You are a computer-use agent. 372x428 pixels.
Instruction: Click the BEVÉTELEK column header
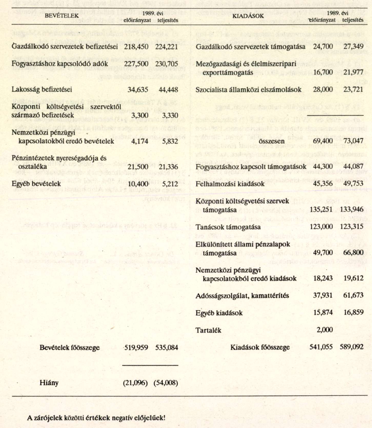click(x=62, y=16)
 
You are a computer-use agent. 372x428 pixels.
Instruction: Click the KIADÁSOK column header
click(x=248, y=16)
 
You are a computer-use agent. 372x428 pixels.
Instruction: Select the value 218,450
click(x=136, y=47)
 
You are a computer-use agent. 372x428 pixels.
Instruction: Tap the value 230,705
click(x=166, y=64)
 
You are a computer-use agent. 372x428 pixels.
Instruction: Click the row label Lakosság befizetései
click(x=42, y=89)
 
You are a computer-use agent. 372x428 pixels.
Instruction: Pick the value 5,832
click(x=170, y=141)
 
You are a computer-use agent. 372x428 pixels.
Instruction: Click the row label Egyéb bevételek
click(x=36, y=184)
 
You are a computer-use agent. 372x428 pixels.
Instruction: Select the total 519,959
click(x=136, y=348)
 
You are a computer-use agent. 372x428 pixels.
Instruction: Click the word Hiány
click(x=49, y=383)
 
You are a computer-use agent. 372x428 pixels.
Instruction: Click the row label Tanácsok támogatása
click(x=228, y=227)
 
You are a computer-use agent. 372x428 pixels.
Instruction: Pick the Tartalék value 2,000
click(x=325, y=330)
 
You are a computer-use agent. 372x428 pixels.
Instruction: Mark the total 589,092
click(x=352, y=347)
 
